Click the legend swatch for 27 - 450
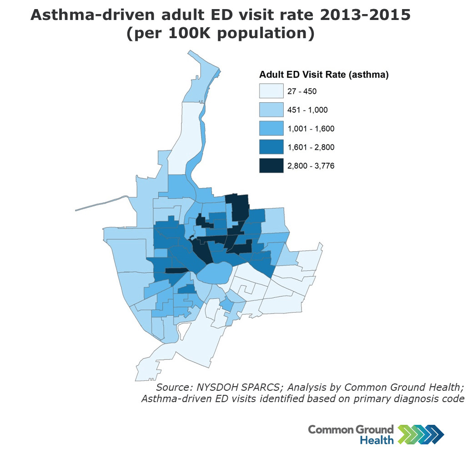(x=271, y=91)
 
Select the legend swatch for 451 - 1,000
(x=271, y=110)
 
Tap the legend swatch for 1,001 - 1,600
(x=271, y=129)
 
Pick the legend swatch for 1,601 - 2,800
(x=271, y=147)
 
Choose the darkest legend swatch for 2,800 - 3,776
(x=271, y=166)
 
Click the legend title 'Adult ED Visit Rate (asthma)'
(x=323, y=75)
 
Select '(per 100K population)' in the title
(x=220, y=35)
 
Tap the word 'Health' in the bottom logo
(x=377, y=440)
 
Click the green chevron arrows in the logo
(x=406, y=434)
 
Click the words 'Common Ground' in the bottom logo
(x=351, y=429)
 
